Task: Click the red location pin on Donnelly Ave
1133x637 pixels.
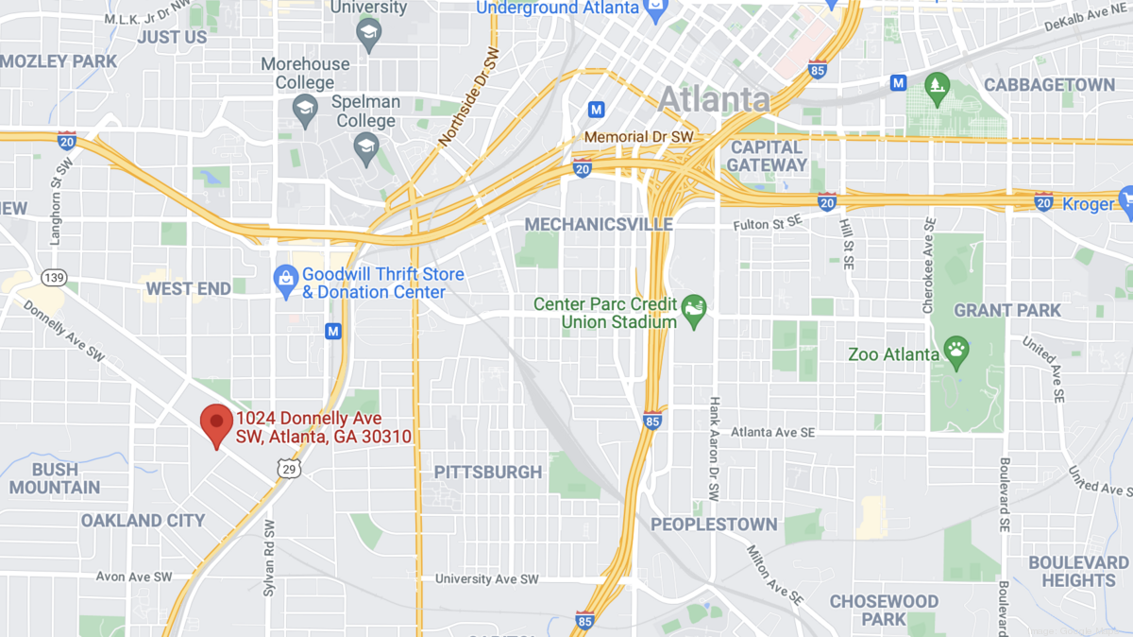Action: [x=218, y=423]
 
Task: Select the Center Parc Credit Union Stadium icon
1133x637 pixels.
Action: [x=695, y=306]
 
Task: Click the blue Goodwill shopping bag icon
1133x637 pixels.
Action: [x=286, y=282]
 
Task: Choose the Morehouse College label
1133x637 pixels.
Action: [x=304, y=74]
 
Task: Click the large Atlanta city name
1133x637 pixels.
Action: [x=714, y=99]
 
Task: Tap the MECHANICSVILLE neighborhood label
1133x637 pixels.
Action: [x=599, y=224]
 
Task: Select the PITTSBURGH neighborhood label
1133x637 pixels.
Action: [x=488, y=472]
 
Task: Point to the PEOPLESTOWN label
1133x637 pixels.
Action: [x=714, y=525]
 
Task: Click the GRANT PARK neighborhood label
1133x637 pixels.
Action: [x=1007, y=310]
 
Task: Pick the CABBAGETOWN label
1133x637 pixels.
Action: [x=1049, y=84]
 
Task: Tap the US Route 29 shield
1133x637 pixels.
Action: [x=288, y=468]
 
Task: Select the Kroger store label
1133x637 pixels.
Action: [x=1088, y=204]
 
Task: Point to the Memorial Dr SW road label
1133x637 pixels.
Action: [x=638, y=137]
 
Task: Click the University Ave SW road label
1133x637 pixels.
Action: [x=487, y=578]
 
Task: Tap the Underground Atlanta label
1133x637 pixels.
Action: [x=557, y=8]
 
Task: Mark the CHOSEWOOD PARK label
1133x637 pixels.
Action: [x=884, y=611]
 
